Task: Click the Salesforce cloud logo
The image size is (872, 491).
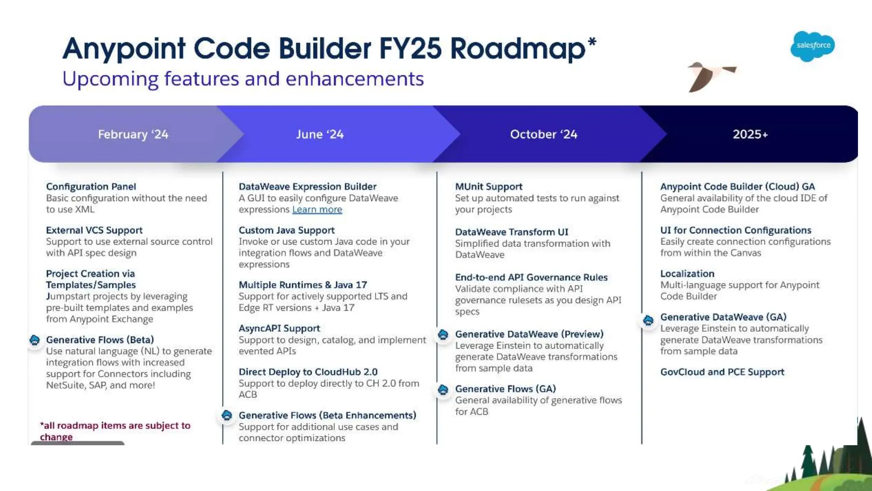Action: tap(812, 46)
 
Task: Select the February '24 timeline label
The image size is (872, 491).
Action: tap(133, 134)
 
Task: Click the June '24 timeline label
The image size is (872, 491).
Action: tap(320, 134)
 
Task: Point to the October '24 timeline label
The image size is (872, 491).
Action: tap(544, 134)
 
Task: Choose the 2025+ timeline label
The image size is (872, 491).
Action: tap(750, 134)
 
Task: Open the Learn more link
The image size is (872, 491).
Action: tap(317, 210)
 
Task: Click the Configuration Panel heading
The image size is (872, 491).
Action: tap(91, 187)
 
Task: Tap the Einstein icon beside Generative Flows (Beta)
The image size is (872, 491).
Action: tap(35, 340)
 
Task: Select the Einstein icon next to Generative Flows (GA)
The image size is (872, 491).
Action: tap(443, 390)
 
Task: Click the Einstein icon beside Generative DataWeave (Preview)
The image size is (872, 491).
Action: tap(443, 335)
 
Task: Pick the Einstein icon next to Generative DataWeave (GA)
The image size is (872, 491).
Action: tap(648, 320)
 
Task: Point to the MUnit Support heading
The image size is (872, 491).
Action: tap(488, 187)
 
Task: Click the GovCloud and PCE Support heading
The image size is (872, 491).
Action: tap(722, 372)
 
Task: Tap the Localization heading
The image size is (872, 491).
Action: tap(687, 274)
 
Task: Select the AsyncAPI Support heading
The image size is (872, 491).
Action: tap(279, 329)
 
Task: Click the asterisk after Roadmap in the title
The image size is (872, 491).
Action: tap(592, 42)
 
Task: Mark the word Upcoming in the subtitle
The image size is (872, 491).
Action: tap(110, 79)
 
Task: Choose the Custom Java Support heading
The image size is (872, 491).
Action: tap(287, 230)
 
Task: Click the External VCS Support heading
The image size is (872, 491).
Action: tap(94, 230)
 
